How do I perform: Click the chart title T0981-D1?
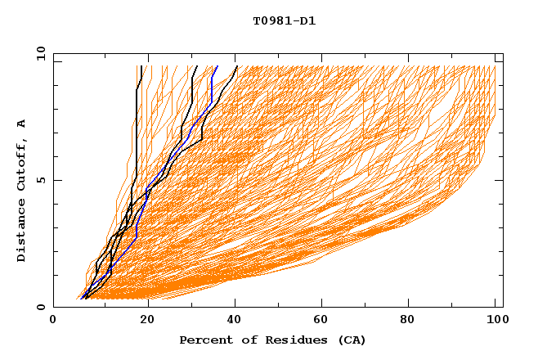pos(284,20)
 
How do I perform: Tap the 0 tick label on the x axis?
pos(53,322)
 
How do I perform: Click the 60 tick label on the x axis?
pos(325,322)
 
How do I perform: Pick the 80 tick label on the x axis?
pos(413,322)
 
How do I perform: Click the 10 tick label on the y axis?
pos(40,53)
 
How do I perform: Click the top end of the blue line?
pos(217,66)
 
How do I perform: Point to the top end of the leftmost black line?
pos(141,66)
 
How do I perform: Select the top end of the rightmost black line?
pos(236,66)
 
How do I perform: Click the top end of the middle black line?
pos(196,66)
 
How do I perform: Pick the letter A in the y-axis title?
pos(21,124)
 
